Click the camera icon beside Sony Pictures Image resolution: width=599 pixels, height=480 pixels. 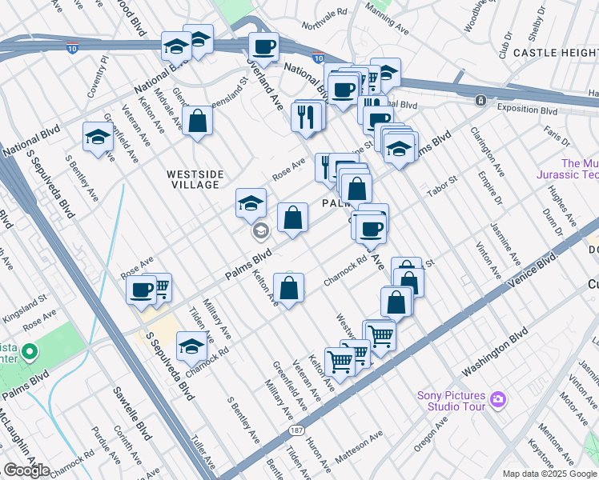pos(497,398)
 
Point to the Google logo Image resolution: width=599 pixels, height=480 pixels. pos(26,470)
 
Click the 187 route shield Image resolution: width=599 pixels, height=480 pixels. pos(295,431)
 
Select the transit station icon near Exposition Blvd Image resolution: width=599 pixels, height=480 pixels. pos(480,101)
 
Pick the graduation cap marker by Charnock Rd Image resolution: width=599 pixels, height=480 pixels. pos(191,346)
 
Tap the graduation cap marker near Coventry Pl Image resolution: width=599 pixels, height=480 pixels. pos(98,136)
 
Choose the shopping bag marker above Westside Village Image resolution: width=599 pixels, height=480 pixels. pos(197,122)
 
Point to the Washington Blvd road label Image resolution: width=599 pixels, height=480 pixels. pos(496,351)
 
